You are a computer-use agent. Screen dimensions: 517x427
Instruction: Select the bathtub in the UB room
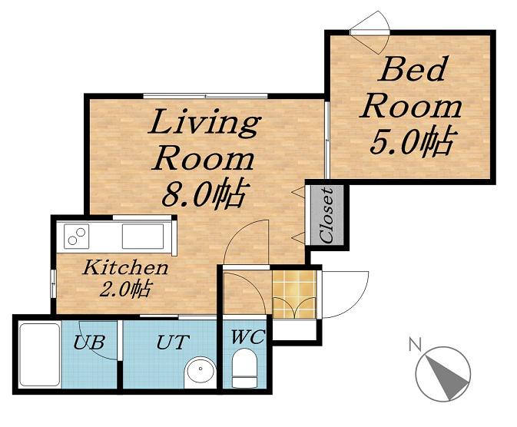click(40, 355)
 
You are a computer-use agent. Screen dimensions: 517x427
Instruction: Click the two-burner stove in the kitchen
click(77, 237)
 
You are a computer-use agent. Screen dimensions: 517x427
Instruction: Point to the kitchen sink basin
click(143, 237)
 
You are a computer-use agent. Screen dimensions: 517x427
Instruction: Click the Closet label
click(326, 215)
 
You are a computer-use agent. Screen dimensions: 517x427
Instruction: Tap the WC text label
click(247, 337)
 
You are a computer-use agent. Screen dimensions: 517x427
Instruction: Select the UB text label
click(89, 342)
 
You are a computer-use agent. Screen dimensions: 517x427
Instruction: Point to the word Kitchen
click(126, 267)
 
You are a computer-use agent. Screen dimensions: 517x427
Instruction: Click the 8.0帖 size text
click(204, 194)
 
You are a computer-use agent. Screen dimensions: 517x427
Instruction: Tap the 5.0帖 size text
click(413, 141)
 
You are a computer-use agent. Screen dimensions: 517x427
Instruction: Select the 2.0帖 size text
click(125, 290)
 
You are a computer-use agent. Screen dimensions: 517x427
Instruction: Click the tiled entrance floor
click(294, 294)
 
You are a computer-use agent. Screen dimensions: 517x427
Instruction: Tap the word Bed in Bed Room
click(413, 69)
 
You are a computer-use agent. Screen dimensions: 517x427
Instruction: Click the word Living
click(204, 123)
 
